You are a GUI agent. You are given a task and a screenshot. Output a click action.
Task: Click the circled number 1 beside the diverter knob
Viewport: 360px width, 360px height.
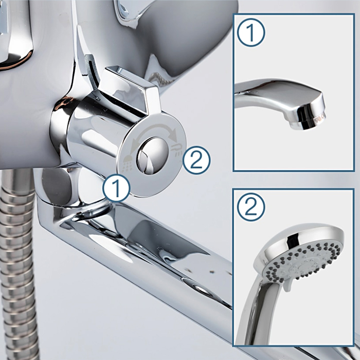117,188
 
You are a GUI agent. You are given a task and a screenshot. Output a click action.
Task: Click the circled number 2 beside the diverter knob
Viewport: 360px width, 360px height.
196,160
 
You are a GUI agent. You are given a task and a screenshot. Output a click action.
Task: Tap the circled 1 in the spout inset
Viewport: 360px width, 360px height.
251,32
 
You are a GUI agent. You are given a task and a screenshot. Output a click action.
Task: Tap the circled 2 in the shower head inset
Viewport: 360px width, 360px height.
251,207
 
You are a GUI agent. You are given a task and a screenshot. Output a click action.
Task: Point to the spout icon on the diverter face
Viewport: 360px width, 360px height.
177,150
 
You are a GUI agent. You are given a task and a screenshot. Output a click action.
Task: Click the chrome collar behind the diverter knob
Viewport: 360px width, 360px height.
60,129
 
